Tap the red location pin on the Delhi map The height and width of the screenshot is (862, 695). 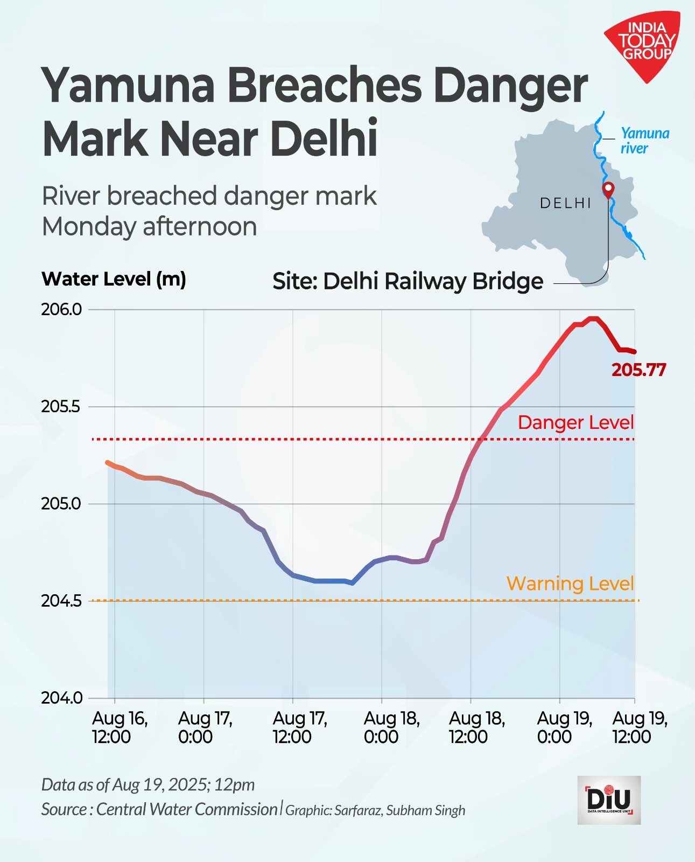[608, 190]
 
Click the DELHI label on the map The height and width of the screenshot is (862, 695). [565, 203]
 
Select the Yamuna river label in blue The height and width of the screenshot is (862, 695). [644, 141]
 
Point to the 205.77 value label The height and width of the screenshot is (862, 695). [638, 370]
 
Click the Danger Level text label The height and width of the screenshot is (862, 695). [575, 422]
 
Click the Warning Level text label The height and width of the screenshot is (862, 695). [570, 583]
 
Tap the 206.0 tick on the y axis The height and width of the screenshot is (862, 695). [61, 310]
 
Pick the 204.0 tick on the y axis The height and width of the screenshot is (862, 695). [61, 698]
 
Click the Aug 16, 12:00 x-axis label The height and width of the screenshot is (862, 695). [120, 727]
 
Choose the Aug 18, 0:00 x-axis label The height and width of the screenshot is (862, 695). [391, 727]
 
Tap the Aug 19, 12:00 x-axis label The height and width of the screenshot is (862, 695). [640, 727]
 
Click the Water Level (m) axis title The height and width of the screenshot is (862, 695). [114, 279]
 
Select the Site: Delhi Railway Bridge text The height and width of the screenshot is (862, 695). [408, 281]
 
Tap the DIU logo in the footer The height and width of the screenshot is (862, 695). [609, 800]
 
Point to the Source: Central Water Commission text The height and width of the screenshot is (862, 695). [159, 809]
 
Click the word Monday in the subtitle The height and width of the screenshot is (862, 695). [89, 226]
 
